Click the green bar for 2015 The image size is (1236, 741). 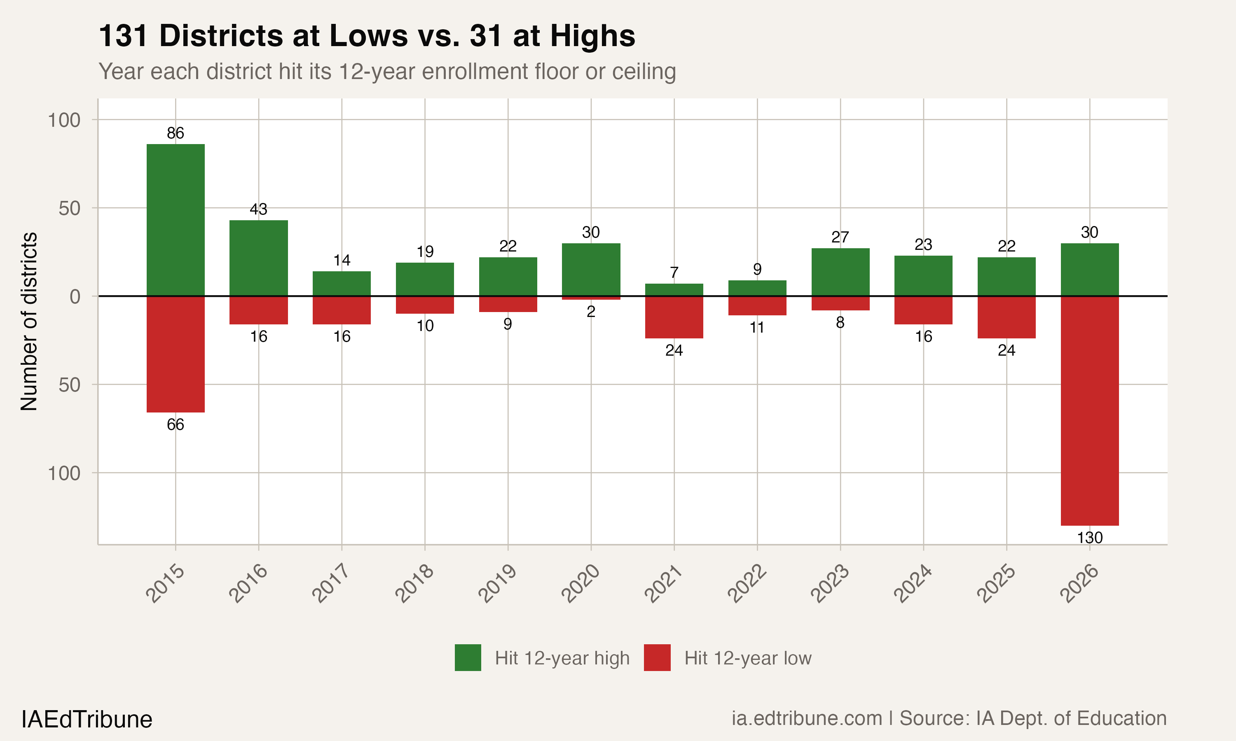[x=176, y=220]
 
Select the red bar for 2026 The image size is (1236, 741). [x=1090, y=410]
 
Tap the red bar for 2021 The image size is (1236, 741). [x=674, y=317]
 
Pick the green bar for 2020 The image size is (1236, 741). [x=591, y=270]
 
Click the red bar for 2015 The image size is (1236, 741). [x=176, y=354]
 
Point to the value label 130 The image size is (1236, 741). [x=1090, y=538]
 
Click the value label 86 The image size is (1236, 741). [x=176, y=133]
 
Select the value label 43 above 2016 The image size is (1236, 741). [x=258, y=209]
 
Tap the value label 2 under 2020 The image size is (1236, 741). [x=591, y=312]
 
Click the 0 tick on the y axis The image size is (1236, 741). [x=75, y=296]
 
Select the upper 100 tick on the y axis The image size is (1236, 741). [x=64, y=120]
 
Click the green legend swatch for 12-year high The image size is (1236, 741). [x=468, y=657]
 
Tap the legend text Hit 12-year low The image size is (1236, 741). [x=747, y=658]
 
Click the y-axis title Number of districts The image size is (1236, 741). [x=29, y=321]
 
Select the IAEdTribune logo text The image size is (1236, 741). [x=87, y=720]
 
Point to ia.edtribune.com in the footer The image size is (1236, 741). [x=807, y=718]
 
